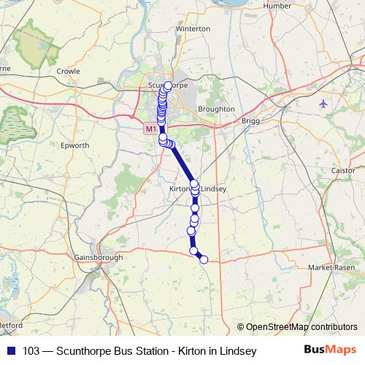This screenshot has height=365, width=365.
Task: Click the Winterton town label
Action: coord(193,29)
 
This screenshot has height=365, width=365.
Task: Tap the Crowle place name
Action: coord(68,72)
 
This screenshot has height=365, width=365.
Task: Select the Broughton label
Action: coord(216,109)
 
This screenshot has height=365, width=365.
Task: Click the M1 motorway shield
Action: coord(150,128)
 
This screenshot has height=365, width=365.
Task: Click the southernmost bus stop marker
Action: coord(204,259)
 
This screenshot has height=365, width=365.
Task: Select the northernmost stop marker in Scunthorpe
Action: coord(168,85)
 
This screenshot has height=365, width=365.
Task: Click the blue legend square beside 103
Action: coord(11,351)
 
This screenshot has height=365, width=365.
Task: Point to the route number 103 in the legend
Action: coord(31,351)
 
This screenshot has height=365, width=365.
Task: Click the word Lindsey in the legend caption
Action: coord(239,351)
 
